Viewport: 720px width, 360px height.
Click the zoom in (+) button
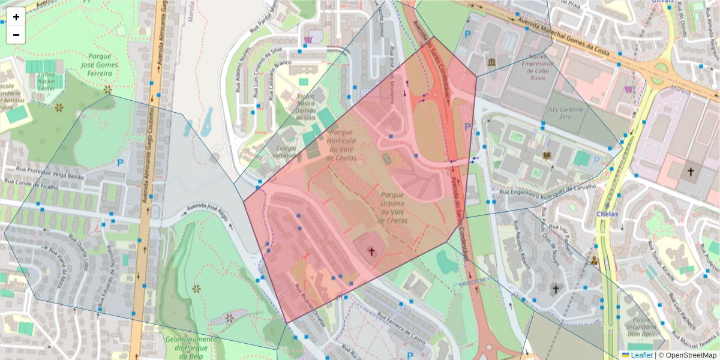click(16, 17)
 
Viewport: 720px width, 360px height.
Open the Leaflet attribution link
click(637, 355)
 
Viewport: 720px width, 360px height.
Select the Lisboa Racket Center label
click(46, 81)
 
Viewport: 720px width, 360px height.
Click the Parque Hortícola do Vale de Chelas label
click(341, 145)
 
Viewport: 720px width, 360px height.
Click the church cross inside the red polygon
click(371, 251)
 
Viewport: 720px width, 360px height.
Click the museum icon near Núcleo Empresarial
click(491, 63)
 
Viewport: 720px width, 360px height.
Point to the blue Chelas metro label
click(607, 214)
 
